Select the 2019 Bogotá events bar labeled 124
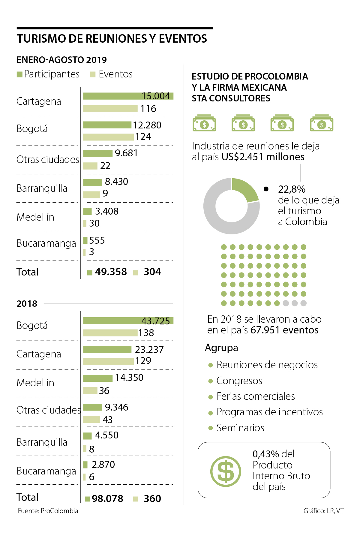(108, 137)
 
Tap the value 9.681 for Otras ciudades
(126, 153)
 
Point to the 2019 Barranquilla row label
(42, 188)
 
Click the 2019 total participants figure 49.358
(111, 272)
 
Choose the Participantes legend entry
(48, 74)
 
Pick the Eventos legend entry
(111, 74)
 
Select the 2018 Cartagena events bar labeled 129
(108, 361)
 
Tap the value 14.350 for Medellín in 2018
(129, 378)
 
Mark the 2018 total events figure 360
(152, 499)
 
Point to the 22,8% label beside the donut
(292, 189)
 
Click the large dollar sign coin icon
(226, 471)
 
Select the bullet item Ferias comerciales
(256, 396)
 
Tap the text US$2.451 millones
(263, 157)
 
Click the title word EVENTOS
(183, 39)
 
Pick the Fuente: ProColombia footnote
(48, 511)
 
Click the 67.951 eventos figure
(284, 330)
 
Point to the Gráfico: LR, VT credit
(323, 511)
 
